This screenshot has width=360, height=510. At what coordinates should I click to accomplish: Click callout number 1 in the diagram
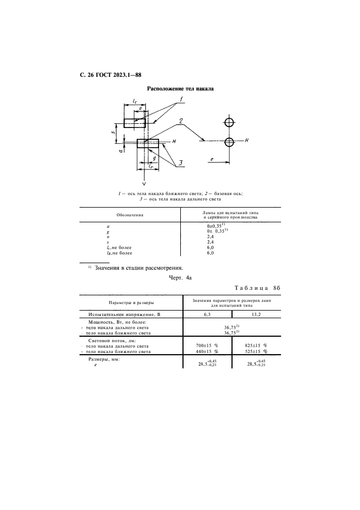pyautogui.click(x=183, y=100)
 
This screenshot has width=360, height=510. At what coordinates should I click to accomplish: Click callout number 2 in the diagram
pyautogui.click(x=180, y=120)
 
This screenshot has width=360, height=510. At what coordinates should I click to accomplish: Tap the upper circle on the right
pyautogui.click(x=230, y=122)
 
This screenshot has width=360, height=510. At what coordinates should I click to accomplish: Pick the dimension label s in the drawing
pyautogui.click(x=112, y=132)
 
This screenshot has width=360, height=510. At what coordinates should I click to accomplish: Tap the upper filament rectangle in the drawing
pyautogui.click(x=135, y=123)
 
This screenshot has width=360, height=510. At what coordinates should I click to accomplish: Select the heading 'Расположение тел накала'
pyautogui.click(x=180, y=88)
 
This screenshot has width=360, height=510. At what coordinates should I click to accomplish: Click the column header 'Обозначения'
pyautogui.click(x=130, y=215)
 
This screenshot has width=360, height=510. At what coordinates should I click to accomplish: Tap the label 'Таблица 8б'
pyautogui.click(x=257, y=288)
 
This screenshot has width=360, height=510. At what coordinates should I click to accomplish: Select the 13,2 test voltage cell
pyautogui.click(x=256, y=315)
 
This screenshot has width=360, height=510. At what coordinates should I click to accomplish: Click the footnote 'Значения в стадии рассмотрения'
pyautogui.click(x=139, y=268)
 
